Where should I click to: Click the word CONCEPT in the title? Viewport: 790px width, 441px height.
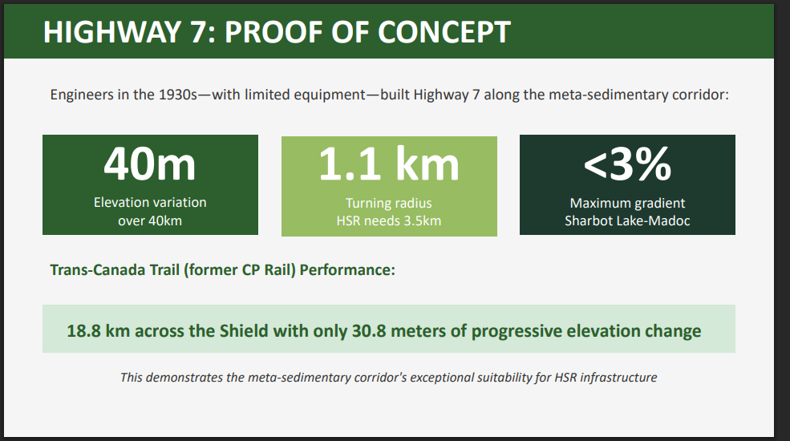(x=444, y=32)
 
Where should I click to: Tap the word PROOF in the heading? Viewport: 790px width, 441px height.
(x=273, y=32)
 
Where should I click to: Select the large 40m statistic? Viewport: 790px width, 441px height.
(x=150, y=164)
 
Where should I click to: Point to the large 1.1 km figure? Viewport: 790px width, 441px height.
(x=389, y=164)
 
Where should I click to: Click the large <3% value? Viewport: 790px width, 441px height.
(x=627, y=164)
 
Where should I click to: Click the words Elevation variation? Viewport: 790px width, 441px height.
(x=150, y=202)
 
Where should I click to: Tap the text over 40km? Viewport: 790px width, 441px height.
(x=150, y=220)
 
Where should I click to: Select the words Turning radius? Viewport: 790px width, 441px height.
(x=388, y=203)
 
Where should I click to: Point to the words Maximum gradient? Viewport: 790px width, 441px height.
(x=627, y=203)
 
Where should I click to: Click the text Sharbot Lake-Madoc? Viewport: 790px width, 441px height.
(x=627, y=220)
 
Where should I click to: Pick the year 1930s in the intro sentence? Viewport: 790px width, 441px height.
(x=178, y=95)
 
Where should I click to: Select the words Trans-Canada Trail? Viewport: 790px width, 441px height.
(x=115, y=270)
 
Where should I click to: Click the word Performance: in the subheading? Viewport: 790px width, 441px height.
(x=347, y=270)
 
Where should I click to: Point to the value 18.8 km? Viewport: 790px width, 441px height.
(x=99, y=330)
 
